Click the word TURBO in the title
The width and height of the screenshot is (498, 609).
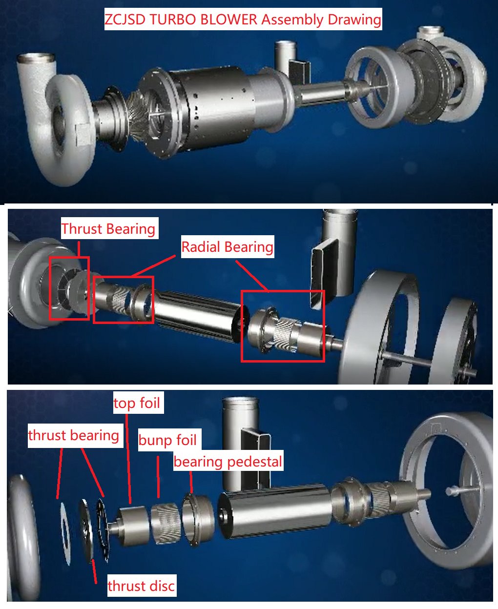[171, 20]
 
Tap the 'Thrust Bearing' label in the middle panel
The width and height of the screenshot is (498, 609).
[108, 228]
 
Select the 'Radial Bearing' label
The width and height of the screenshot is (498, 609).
[227, 247]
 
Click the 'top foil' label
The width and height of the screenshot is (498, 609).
[137, 403]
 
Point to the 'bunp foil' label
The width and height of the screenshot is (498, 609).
[167, 440]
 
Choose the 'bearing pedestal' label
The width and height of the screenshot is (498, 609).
[228, 462]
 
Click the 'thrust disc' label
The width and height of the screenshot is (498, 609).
[141, 586]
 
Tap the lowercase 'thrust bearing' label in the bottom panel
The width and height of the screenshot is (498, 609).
[74, 435]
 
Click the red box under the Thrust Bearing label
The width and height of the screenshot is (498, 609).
[69, 288]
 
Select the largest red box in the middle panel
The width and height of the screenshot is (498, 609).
[283, 326]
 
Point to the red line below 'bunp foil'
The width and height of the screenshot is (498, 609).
[158, 477]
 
